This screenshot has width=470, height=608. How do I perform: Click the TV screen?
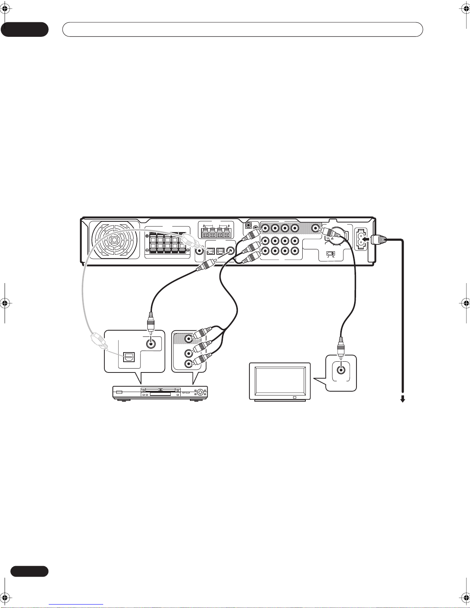pyautogui.click(x=280, y=381)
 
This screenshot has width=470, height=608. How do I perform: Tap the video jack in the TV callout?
pyautogui.click(x=341, y=370)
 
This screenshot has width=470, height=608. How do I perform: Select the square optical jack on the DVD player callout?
pyautogui.click(x=127, y=357)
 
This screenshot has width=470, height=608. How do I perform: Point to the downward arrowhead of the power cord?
pyautogui.click(x=403, y=400)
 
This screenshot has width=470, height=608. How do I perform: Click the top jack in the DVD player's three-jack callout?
pyautogui.click(x=188, y=339)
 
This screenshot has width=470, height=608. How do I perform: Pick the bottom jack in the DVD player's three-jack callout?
pyautogui.click(x=188, y=363)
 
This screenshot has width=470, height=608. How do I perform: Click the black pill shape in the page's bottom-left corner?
pyautogui.click(x=29, y=571)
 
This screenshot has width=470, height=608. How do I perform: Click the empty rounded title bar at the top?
pyautogui.click(x=242, y=29)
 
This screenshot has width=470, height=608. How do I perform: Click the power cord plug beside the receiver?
pyautogui.click(x=379, y=240)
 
